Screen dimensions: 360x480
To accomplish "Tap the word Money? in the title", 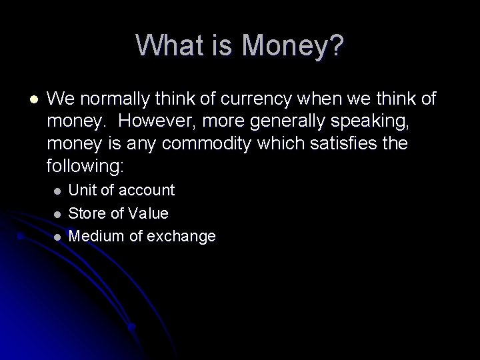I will [293, 46].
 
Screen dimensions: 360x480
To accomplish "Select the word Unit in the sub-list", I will [83, 191].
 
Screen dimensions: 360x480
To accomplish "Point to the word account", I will [146, 191].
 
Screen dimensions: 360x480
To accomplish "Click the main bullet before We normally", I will [33, 99].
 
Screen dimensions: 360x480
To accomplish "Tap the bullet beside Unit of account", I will [57, 191].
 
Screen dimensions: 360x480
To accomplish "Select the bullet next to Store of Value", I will [57, 214].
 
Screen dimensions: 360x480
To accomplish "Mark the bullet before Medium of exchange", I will [57, 237].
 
